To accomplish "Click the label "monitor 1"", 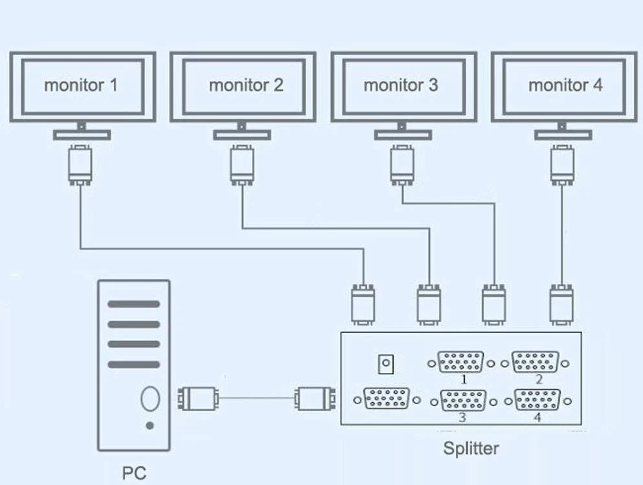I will click(x=81, y=85).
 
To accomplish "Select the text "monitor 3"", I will click(x=401, y=85).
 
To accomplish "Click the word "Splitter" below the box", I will click(x=471, y=447).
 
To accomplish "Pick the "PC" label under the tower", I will click(x=134, y=473).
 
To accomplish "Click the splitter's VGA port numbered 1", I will click(x=460, y=363).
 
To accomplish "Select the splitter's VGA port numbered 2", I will click(x=536, y=363).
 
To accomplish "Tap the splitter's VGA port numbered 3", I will click(x=462, y=401).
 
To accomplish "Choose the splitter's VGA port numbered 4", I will click(x=537, y=401).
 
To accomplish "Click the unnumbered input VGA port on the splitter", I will click(x=387, y=399).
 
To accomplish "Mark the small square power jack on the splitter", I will click(x=387, y=364).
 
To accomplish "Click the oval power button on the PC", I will click(x=150, y=399).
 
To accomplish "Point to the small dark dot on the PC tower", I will click(x=150, y=425).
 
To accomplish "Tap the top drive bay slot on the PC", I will click(x=133, y=304).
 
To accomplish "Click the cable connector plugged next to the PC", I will click(x=198, y=398).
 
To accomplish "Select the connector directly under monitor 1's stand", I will click(x=80, y=166).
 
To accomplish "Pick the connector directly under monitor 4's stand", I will click(x=562, y=166).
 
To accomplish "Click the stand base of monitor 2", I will click(x=242, y=135).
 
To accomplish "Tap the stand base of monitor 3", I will click(x=403, y=135).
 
